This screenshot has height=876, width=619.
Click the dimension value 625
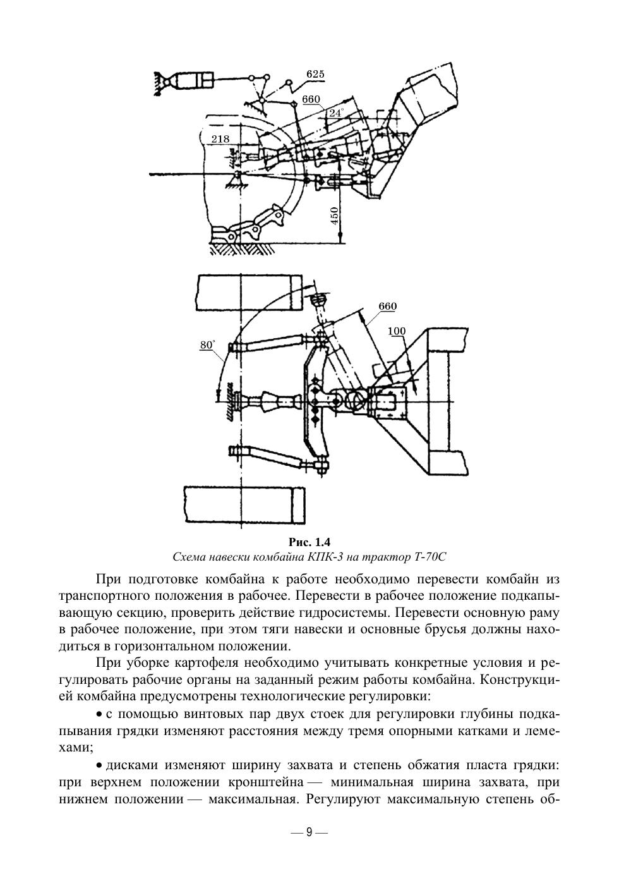[x=315, y=75]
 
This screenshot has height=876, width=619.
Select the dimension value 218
[x=221, y=139]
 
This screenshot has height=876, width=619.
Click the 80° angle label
[x=208, y=345]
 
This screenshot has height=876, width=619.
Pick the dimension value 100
[x=397, y=331]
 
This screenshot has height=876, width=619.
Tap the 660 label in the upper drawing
[x=311, y=100]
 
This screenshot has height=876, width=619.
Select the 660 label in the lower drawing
[x=387, y=306]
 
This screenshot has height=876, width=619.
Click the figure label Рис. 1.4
[x=309, y=542]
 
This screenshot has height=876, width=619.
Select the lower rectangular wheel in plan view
[x=245, y=504]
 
